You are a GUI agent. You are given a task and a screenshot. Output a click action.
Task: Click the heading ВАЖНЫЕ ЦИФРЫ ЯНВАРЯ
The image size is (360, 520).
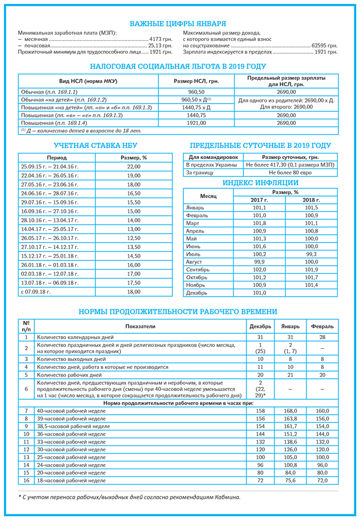click(x=178, y=24)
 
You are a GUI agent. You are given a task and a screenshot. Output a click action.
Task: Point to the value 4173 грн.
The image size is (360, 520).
click(x=161, y=39)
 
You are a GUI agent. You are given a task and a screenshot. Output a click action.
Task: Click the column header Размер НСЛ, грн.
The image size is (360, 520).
click(x=197, y=81)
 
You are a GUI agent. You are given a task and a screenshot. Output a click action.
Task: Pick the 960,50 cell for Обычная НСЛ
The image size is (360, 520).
click(x=197, y=91)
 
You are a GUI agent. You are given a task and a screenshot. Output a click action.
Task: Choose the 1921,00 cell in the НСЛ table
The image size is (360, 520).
click(x=197, y=123)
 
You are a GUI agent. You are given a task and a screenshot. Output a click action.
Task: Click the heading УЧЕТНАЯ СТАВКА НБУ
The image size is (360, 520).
click(x=95, y=146)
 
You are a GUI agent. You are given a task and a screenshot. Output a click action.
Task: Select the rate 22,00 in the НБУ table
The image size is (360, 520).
click(x=133, y=166)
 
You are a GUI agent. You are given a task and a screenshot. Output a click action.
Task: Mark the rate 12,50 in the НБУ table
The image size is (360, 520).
click(x=133, y=238)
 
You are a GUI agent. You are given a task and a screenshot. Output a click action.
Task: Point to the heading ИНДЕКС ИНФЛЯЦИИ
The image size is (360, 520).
click(x=260, y=183)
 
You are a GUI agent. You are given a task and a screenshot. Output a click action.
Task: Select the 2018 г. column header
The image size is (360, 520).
click(x=311, y=200)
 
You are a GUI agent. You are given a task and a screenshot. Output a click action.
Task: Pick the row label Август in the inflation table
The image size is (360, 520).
click(x=194, y=261)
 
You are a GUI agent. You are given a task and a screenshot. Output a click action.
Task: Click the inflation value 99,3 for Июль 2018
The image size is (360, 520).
click(x=311, y=254)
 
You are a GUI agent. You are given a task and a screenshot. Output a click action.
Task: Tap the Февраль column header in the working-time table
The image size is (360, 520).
click(x=322, y=326)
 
